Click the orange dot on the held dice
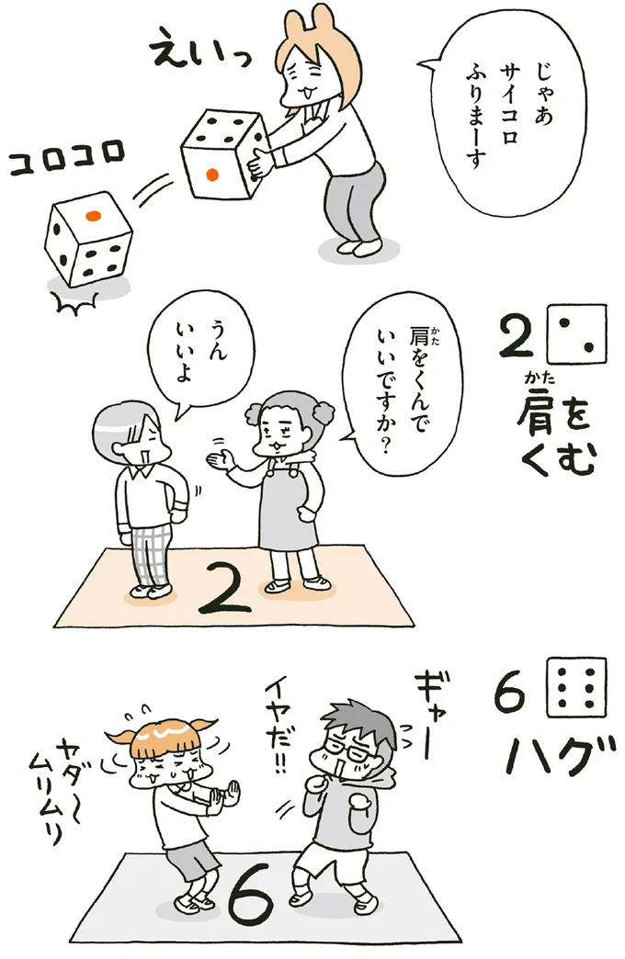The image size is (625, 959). [x=211, y=175]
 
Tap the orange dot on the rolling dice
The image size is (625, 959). [x=93, y=215]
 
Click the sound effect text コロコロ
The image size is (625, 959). [x=67, y=159]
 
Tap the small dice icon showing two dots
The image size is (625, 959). [x=576, y=334]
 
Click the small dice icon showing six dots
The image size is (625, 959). [x=576, y=686]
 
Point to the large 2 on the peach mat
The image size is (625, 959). [x=225, y=588]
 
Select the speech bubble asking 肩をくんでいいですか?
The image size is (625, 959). [x=402, y=379]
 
